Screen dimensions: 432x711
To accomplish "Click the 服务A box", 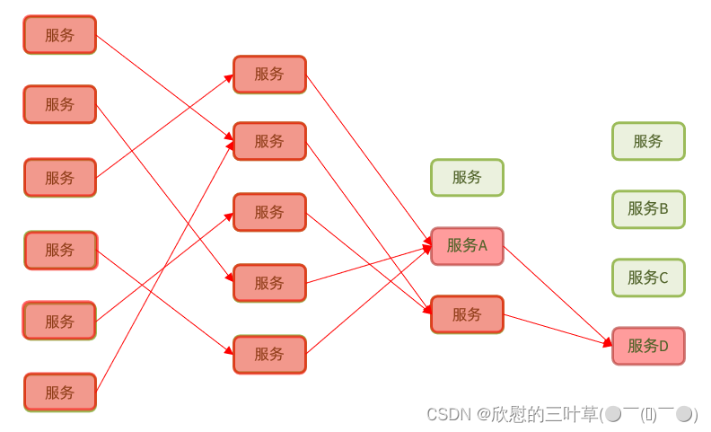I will (467, 246).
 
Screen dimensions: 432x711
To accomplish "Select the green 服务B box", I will (648, 209).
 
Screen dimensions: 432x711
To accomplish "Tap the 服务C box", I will (648, 278).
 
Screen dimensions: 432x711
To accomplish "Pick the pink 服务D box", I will (648, 346).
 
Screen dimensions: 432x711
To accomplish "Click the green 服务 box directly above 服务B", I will (648, 141).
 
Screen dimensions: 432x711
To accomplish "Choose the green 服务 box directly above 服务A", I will (467, 177).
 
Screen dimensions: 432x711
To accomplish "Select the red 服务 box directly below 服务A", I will (467, 314).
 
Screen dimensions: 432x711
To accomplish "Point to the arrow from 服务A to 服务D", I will (557, 295).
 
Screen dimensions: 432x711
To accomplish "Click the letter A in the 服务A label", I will (482, 246).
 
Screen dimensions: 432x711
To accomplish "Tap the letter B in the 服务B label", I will (663, 209).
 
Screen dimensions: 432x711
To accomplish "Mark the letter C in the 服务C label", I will (663, 278).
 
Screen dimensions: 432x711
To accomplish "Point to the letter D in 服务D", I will (663, 346).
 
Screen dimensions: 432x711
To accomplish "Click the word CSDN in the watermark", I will (448, 414).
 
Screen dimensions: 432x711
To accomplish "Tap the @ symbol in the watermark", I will (484, 414).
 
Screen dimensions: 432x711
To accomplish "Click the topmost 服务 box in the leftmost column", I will (59, 35).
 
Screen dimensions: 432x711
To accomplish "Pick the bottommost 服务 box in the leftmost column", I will (59, 392).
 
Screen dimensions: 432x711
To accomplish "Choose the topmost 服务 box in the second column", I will (269, 75).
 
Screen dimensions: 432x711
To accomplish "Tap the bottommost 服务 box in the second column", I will (269, 355).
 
